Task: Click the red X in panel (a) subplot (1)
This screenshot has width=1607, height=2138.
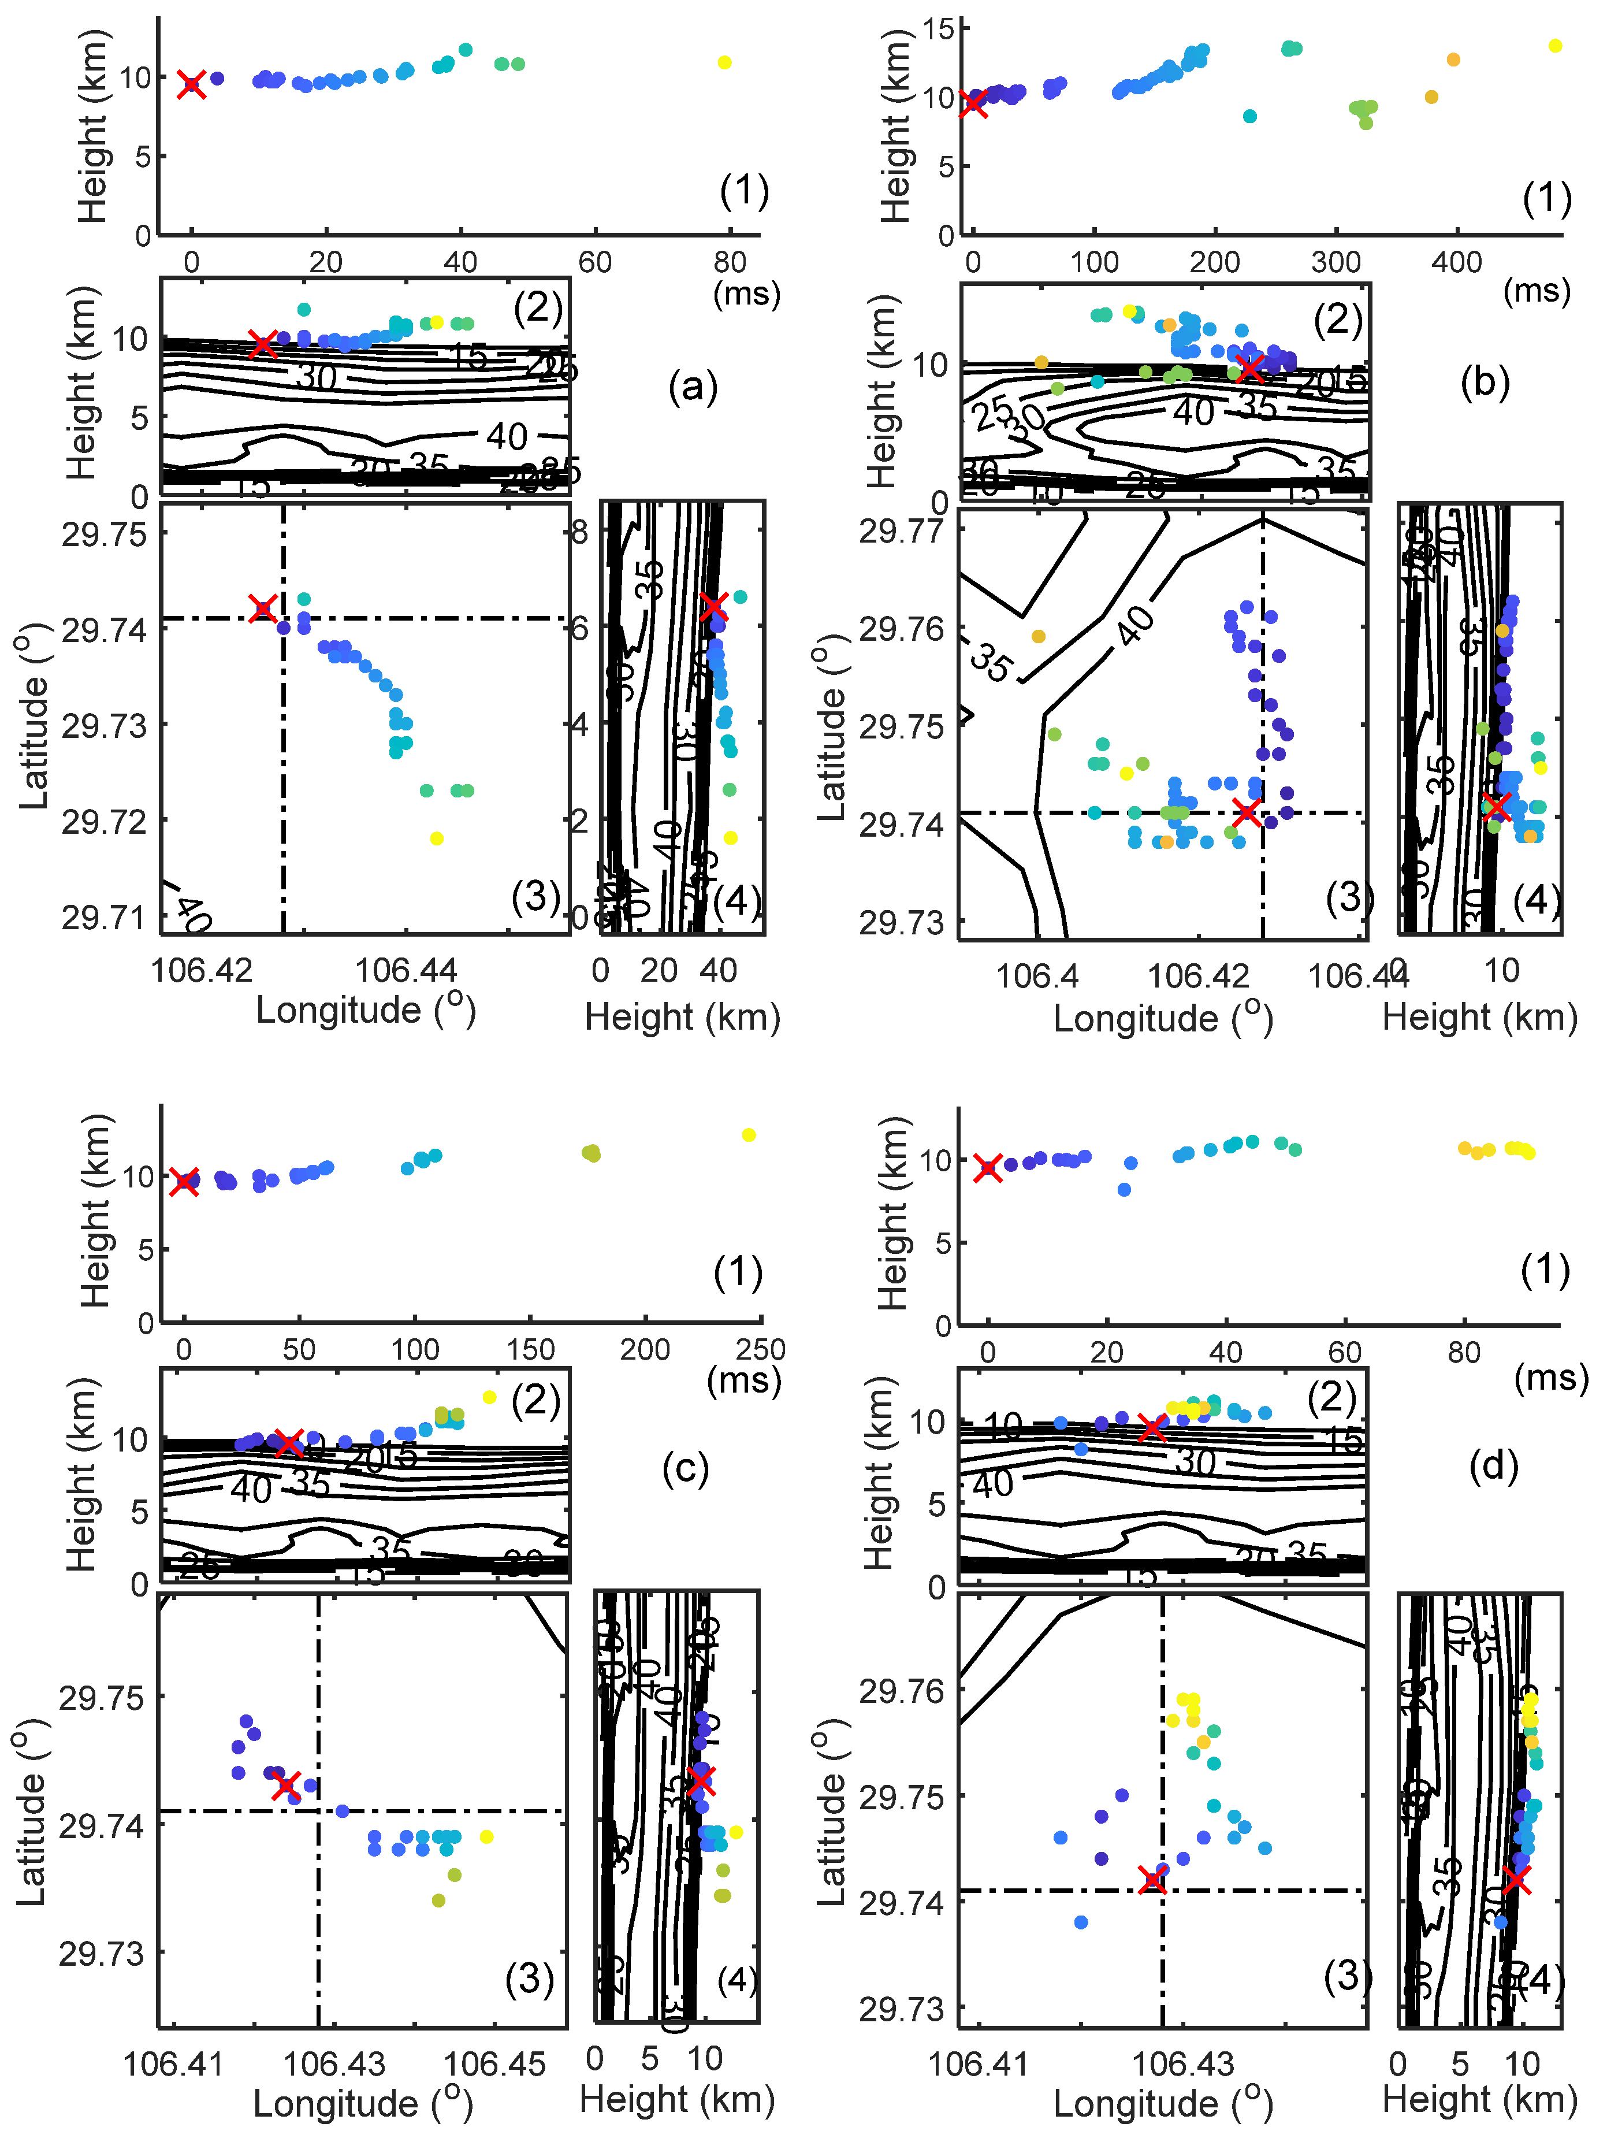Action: tap(191, 85)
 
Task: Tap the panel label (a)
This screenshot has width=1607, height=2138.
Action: tap(693, 388)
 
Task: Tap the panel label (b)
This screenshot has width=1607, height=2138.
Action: tap(1485, 383)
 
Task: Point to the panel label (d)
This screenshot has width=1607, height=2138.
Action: tap(1493, 1466)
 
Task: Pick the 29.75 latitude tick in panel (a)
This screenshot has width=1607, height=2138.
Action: tap(103, 534)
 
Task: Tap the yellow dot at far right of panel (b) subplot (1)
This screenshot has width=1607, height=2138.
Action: tap(1555, 46)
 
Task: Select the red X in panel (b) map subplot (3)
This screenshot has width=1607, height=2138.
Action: tap(1247, 812)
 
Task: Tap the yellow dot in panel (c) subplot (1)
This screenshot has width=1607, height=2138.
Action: tap(748, 1135)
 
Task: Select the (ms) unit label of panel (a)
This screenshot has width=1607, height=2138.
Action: tap(746, 293)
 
